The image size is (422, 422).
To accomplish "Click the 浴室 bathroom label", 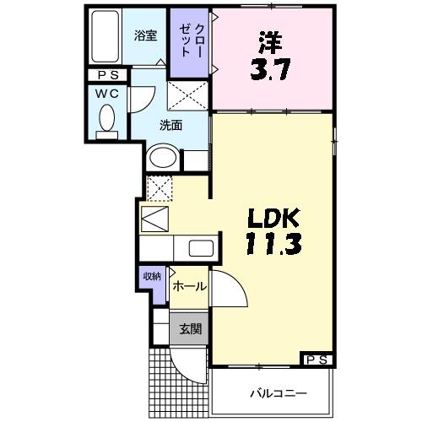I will pos(145,35).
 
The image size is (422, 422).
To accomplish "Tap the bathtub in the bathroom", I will pos(105,38).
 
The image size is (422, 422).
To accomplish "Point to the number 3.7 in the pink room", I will pos(271,68).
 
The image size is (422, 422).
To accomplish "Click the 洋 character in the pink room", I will pos(268,41).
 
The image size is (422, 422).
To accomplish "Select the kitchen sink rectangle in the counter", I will pos(201,249).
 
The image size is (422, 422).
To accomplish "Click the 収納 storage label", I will pos(151,276).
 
